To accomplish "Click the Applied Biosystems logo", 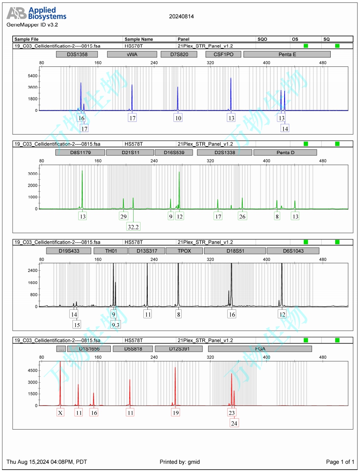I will pyautogui.click(x=36, y=13).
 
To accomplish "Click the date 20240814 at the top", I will pyautogui.click(x=181, y=17).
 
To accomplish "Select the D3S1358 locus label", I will pyautogui.click(x=77, y=54).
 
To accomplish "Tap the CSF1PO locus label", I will pyautogui.click(x=223, y=54).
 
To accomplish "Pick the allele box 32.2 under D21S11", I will pyautogui.click(x=133, y=226).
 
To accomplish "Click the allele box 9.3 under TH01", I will pyautogui.click(x=116, y=324).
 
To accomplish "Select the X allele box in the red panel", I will pyautogui.click(x=60, y=413).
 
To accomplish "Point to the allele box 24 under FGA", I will pyautogui.click(x=234, y=423).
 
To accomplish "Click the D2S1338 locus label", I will pyautogui.click(x=224, y=152).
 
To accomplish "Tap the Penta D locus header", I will pyautogui.click(x=285, y=152).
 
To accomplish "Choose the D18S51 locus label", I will pyautogui.click(x=235, y=251).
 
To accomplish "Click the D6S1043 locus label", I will pyautogui.click(x=293, y=251).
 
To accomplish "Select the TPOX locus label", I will pyautogui.click(x=184, y=251).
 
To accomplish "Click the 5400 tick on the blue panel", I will pyautogui.click(x=32, y=76).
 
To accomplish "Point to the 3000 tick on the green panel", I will pyautogui.click(x=32, y=174).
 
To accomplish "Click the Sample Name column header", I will pyautogui.click(x=139, y=39).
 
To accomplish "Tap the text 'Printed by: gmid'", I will pyautogui.click(x=180, y=462).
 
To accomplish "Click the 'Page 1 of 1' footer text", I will pyautogui.click(x=340, y=462).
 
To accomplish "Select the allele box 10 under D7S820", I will pyautogui.click(x=178, y=118).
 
